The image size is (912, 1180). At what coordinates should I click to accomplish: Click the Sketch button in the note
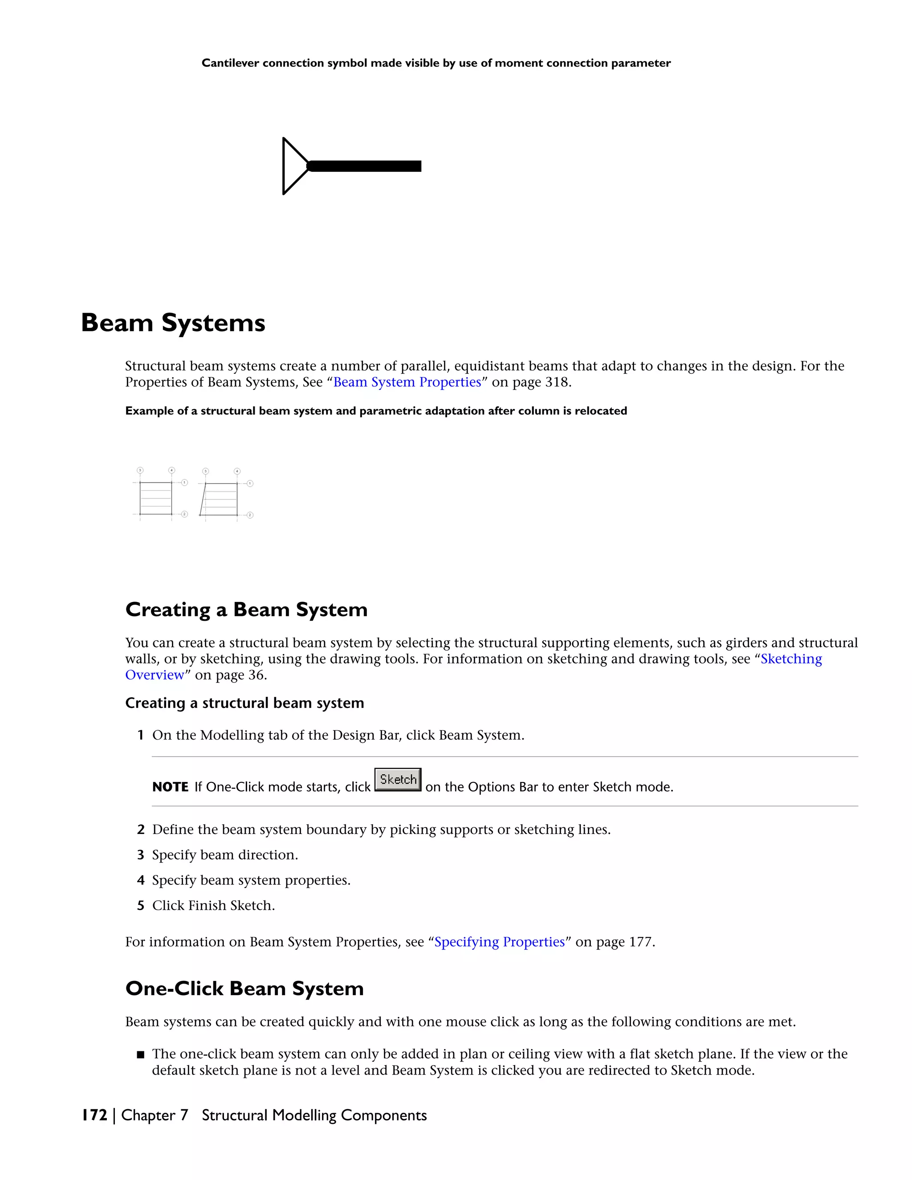coord(398,779)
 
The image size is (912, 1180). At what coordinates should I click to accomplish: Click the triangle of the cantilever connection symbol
coord(293,166)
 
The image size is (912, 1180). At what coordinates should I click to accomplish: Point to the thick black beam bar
coord(365,166)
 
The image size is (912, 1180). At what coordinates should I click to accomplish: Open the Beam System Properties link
coord(407,382)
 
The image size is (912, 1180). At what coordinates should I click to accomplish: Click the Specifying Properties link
coord(499,942)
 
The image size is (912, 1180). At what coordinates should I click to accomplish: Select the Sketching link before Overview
coord(791,659)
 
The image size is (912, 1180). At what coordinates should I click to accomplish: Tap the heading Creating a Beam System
coord(246,610)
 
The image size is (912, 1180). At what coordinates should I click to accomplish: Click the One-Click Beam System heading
coord(244,988)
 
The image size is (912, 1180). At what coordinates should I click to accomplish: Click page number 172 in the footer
coord(94,1115)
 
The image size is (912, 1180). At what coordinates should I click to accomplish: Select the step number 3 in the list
coord(140,855)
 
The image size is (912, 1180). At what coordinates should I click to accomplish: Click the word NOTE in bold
coord(170,787)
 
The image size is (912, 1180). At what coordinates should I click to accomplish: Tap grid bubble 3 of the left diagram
coord(140,470)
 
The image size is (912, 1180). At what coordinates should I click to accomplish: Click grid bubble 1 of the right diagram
coord(250,484)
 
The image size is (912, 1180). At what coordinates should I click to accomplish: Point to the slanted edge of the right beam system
coord(203,500)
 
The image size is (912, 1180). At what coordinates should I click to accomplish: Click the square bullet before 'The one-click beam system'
coord(140,1054)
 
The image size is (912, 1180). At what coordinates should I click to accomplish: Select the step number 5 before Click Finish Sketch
coord(140,906)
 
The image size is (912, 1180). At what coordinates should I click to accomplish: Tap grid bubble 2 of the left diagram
coord(184,514)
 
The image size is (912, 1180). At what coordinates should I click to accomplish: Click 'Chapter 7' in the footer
coord(155,1115)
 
